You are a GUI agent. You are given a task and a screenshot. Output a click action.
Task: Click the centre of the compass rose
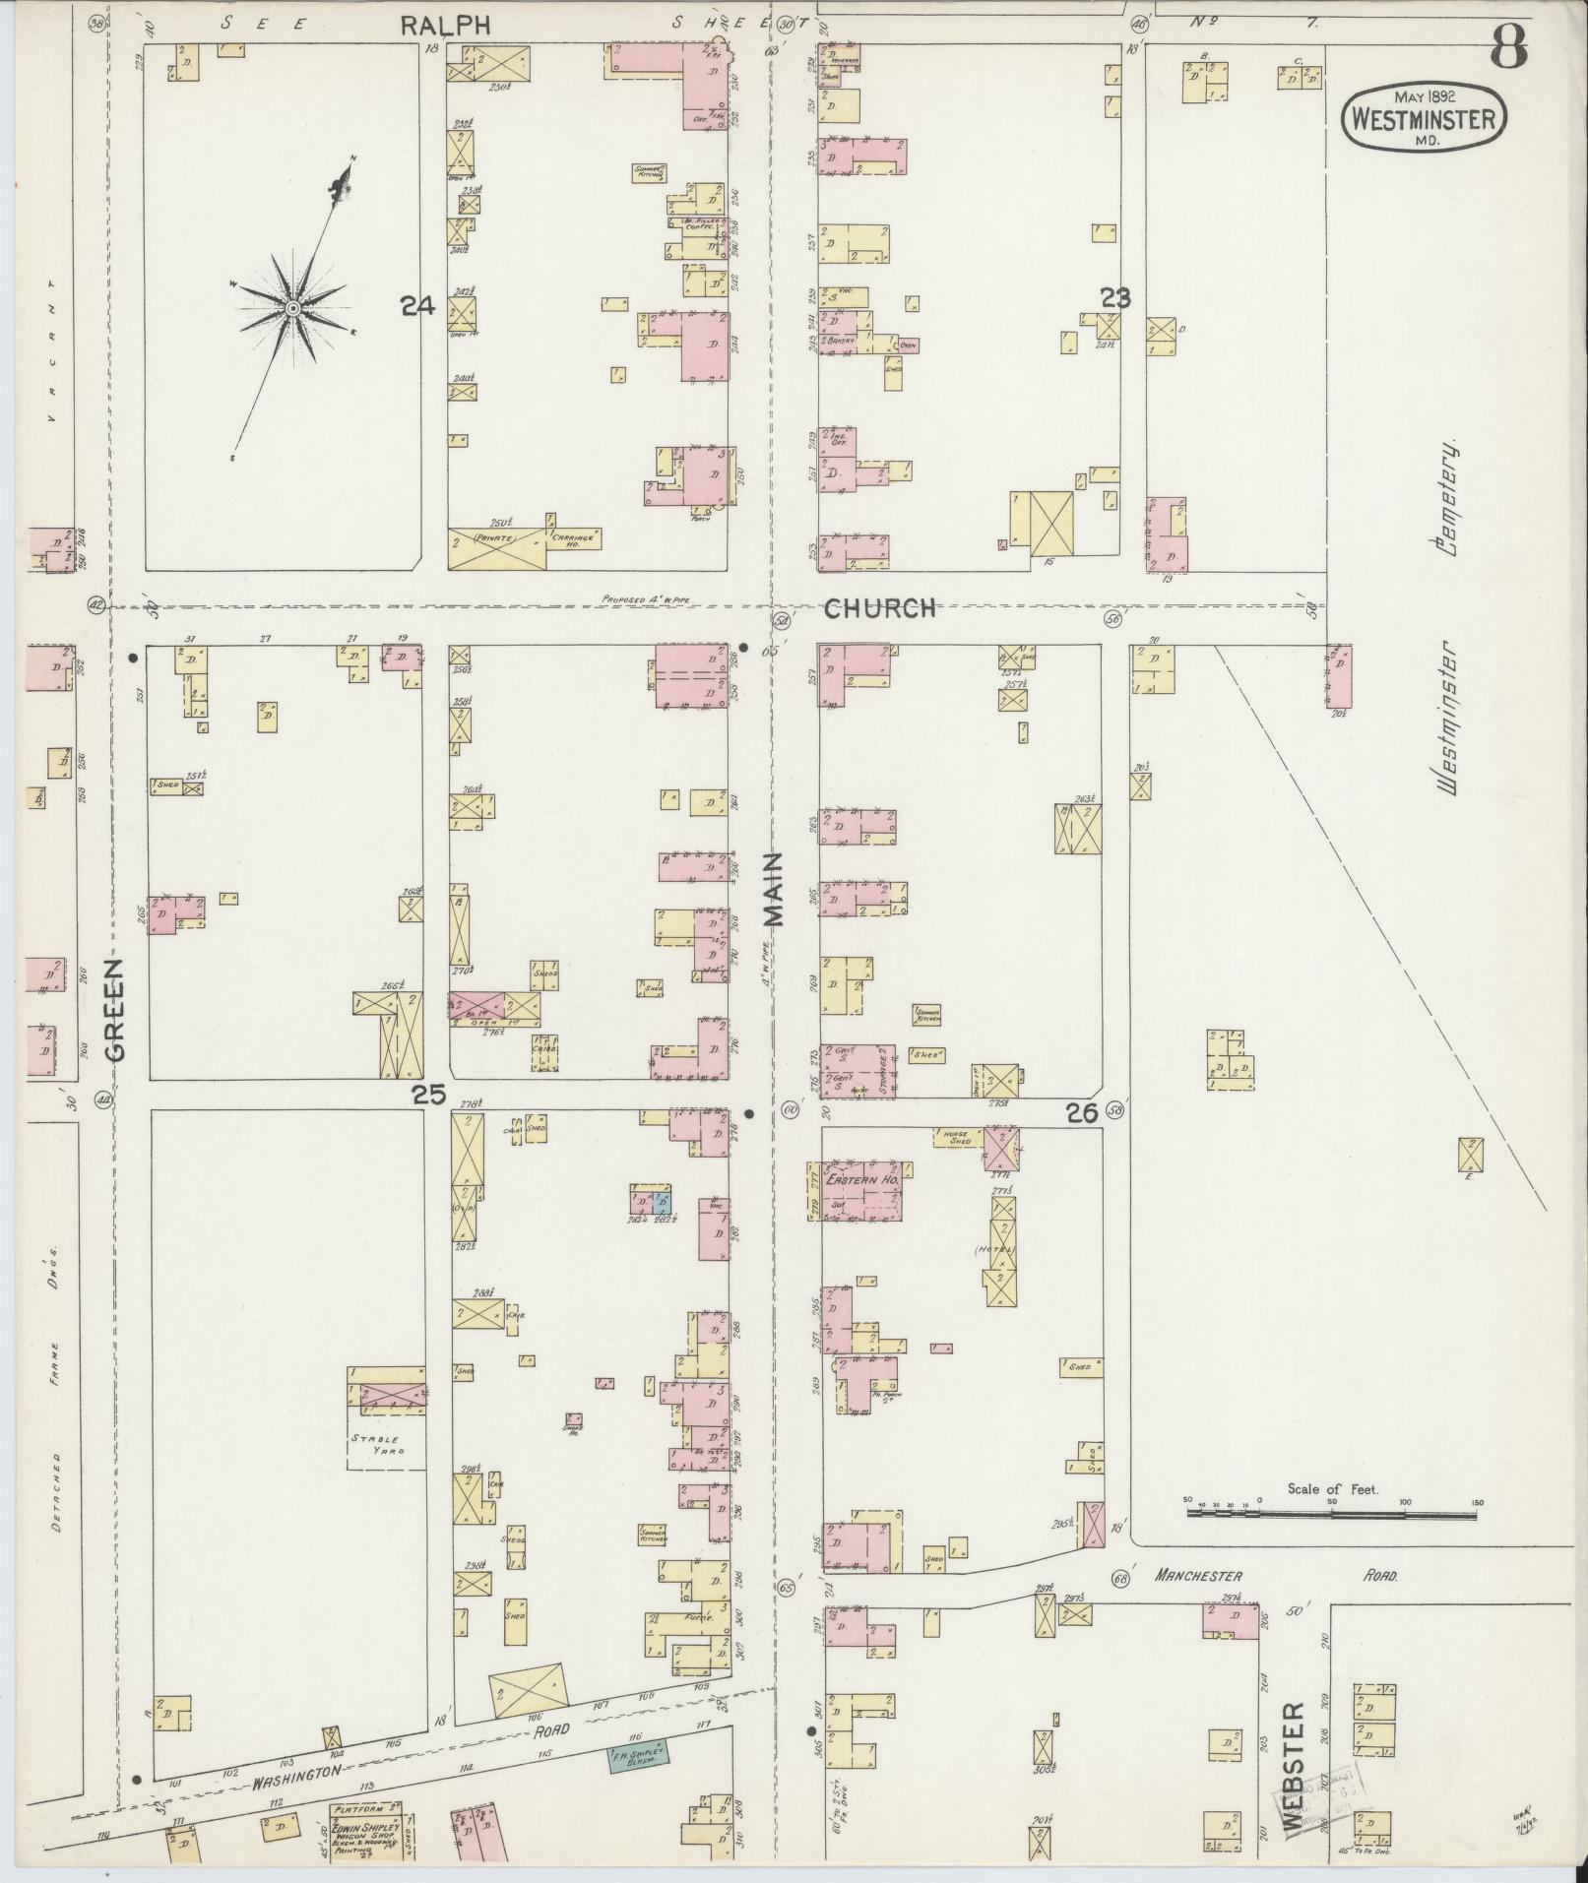click(x=292, y=309)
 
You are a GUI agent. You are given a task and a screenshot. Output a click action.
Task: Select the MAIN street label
click(x=774, y=889)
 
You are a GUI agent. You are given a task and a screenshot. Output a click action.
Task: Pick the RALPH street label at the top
click(x=445, y=27)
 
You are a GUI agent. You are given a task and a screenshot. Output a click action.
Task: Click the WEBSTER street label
click(x=1295, y=1766)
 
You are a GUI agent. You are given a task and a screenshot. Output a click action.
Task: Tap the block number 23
click(x=1115, y=297)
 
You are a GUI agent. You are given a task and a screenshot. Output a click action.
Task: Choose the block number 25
click(x=429, y=1094)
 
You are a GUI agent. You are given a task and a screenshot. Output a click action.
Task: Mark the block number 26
click(x=1081, y=1113)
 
